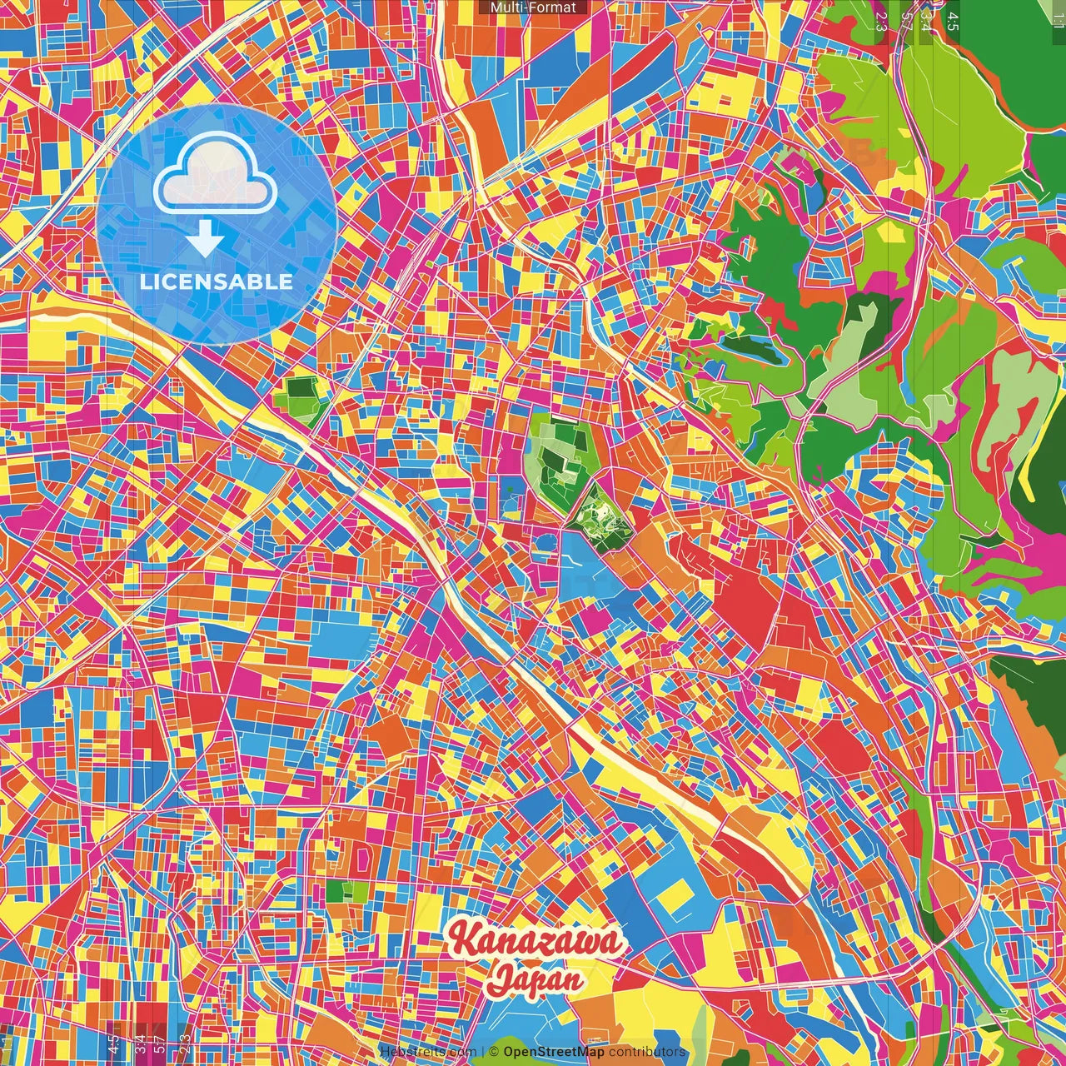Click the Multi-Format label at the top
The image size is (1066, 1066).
click(x=533, y=7)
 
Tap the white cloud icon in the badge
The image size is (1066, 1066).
click(x=216, y=175)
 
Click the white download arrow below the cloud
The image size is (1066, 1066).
click(x=205, y=241)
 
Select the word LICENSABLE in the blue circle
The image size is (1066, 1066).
click(x=217, y=281)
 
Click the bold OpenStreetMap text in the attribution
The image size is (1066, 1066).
click(x=553, y=1052)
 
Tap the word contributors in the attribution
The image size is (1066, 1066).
click(x=647, y=1052)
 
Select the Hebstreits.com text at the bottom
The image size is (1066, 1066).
click(x=427, y=1052)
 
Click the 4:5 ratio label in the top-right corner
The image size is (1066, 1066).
click(x=953, y=22)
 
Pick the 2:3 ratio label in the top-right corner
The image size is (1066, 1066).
click(x=880, y=22)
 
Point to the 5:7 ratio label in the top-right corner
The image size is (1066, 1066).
click(x=906, y=22)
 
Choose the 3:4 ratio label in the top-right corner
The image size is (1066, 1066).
click(x=926, y=22)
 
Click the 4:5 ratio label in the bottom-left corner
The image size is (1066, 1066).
click(x=113, y=1043)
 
